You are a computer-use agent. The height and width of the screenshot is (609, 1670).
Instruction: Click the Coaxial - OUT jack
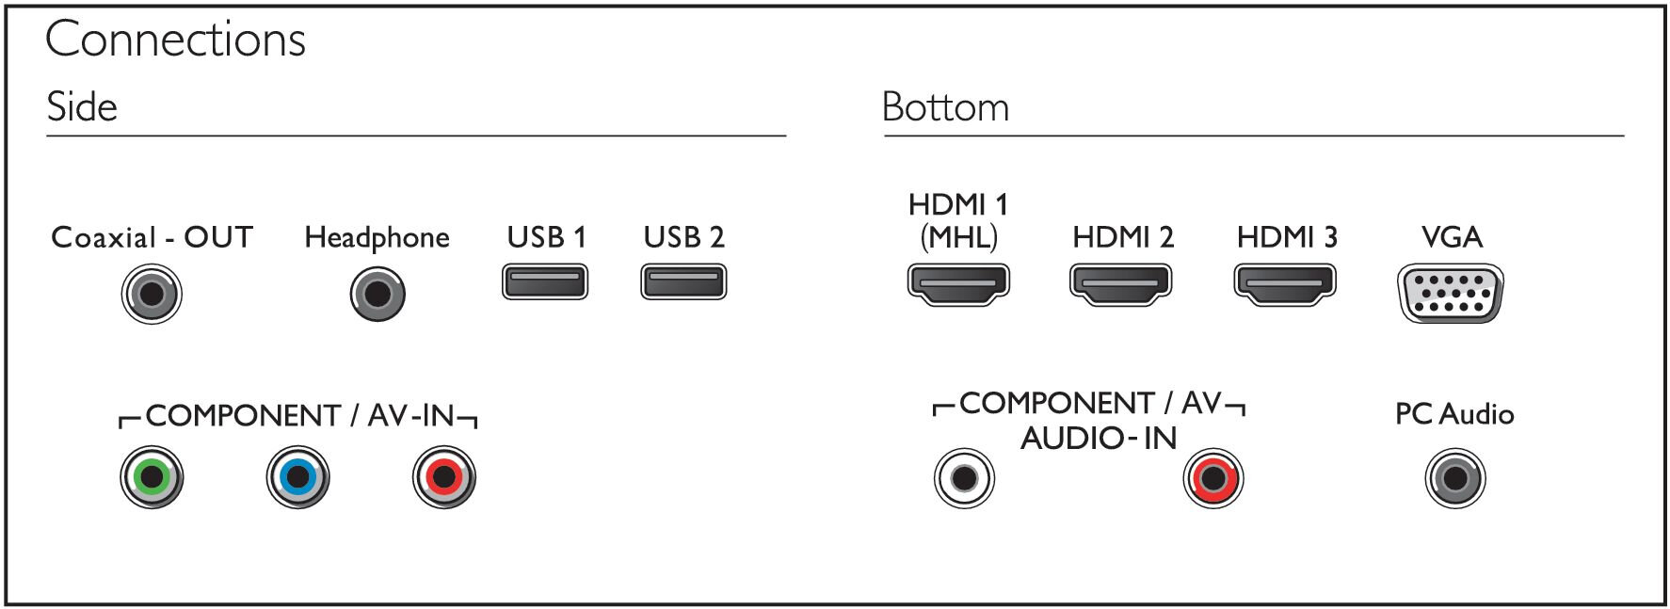tap(152, 294)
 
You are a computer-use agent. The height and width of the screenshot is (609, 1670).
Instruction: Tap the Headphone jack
tap(377, 294)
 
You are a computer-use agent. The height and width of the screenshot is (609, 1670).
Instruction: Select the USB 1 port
tap(545, 281)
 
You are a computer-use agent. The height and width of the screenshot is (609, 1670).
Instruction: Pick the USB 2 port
tap(683, 281)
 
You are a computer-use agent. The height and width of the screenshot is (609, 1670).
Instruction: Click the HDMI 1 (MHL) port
tap(958, 284)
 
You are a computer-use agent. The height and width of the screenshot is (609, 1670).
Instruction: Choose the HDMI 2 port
tap(1121, 284)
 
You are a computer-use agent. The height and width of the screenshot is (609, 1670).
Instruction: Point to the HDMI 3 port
tap(1285, 284)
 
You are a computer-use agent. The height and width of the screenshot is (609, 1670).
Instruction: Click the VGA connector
tap(1451, 294)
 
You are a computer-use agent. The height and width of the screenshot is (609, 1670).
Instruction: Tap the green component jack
tap(152, 477)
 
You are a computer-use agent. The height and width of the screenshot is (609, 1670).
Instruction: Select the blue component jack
tap(297, 477)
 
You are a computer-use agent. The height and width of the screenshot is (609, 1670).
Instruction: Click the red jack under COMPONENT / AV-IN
tap(444, 477)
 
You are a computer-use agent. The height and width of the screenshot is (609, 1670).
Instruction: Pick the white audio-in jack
tap(964, 477)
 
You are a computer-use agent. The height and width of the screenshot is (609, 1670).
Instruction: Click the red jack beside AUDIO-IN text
tap(1213, 477)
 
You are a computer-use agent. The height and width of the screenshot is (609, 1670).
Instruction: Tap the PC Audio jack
tap(1455, 477)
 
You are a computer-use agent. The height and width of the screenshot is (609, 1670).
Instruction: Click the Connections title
tap(175, 40)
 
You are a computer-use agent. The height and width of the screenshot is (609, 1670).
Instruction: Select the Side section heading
tap(82, 107)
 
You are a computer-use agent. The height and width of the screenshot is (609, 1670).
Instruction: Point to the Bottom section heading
tap(945, 107)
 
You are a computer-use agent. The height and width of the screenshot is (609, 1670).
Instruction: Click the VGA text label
tap(1452, 236)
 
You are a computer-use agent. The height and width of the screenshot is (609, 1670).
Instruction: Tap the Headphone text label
tap(377, 238)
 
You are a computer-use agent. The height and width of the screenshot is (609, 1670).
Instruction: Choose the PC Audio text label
tap(1454, 414)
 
